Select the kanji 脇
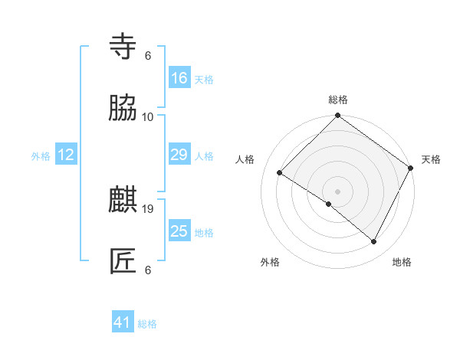coord(123,109)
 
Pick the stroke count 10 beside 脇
coord(148,117)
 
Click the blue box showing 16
coord(179,78)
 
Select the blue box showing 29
coord(179,155)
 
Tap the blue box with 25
coord(179,231)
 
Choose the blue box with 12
coord(66,155)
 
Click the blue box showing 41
coord(123,322)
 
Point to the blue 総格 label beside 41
coord(147,324)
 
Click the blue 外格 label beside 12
coord(41,156)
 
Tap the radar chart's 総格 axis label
coord(338,100)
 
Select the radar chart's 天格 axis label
coord(431,159)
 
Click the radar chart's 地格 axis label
coord(402,262)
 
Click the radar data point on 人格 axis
coord(280,173)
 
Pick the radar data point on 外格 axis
coord(329,204)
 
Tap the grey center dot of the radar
coord(338,191)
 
